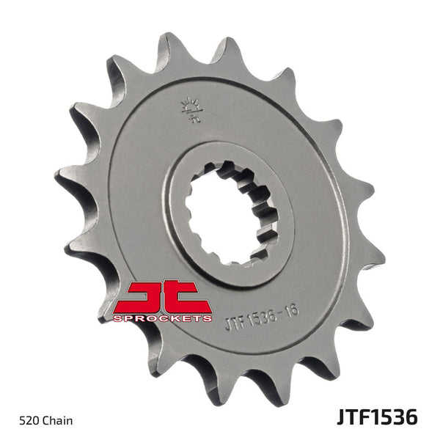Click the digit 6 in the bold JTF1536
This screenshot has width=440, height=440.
pyautogui.click(x=411, y=418)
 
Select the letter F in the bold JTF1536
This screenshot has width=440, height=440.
pyautogui.click(x=358, y=418)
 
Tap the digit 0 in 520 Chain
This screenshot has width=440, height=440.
pyautogui.click(x=34, y=421)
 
